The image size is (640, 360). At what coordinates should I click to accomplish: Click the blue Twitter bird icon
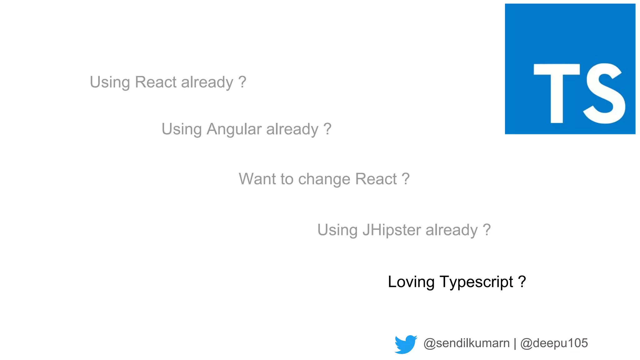click(405, 344)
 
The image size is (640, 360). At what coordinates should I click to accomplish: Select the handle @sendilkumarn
click(466, 343)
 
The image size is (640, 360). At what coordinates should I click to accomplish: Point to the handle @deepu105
click(554, 343)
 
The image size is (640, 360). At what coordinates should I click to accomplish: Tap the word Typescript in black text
click(477, 282)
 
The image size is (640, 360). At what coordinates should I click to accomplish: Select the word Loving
click(411, 282)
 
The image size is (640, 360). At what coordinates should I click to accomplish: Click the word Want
click(257, 179)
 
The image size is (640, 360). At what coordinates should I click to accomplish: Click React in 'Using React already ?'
click(156, 82)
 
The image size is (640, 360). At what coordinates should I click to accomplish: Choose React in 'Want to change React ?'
click(376, 179)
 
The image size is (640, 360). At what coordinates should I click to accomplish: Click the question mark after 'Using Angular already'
click(327, 129)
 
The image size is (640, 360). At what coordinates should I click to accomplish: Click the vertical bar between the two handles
click(515, 343)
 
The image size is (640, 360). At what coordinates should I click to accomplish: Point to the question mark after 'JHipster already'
click(487, 230)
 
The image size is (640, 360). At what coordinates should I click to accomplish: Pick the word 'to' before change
click(287, 179)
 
